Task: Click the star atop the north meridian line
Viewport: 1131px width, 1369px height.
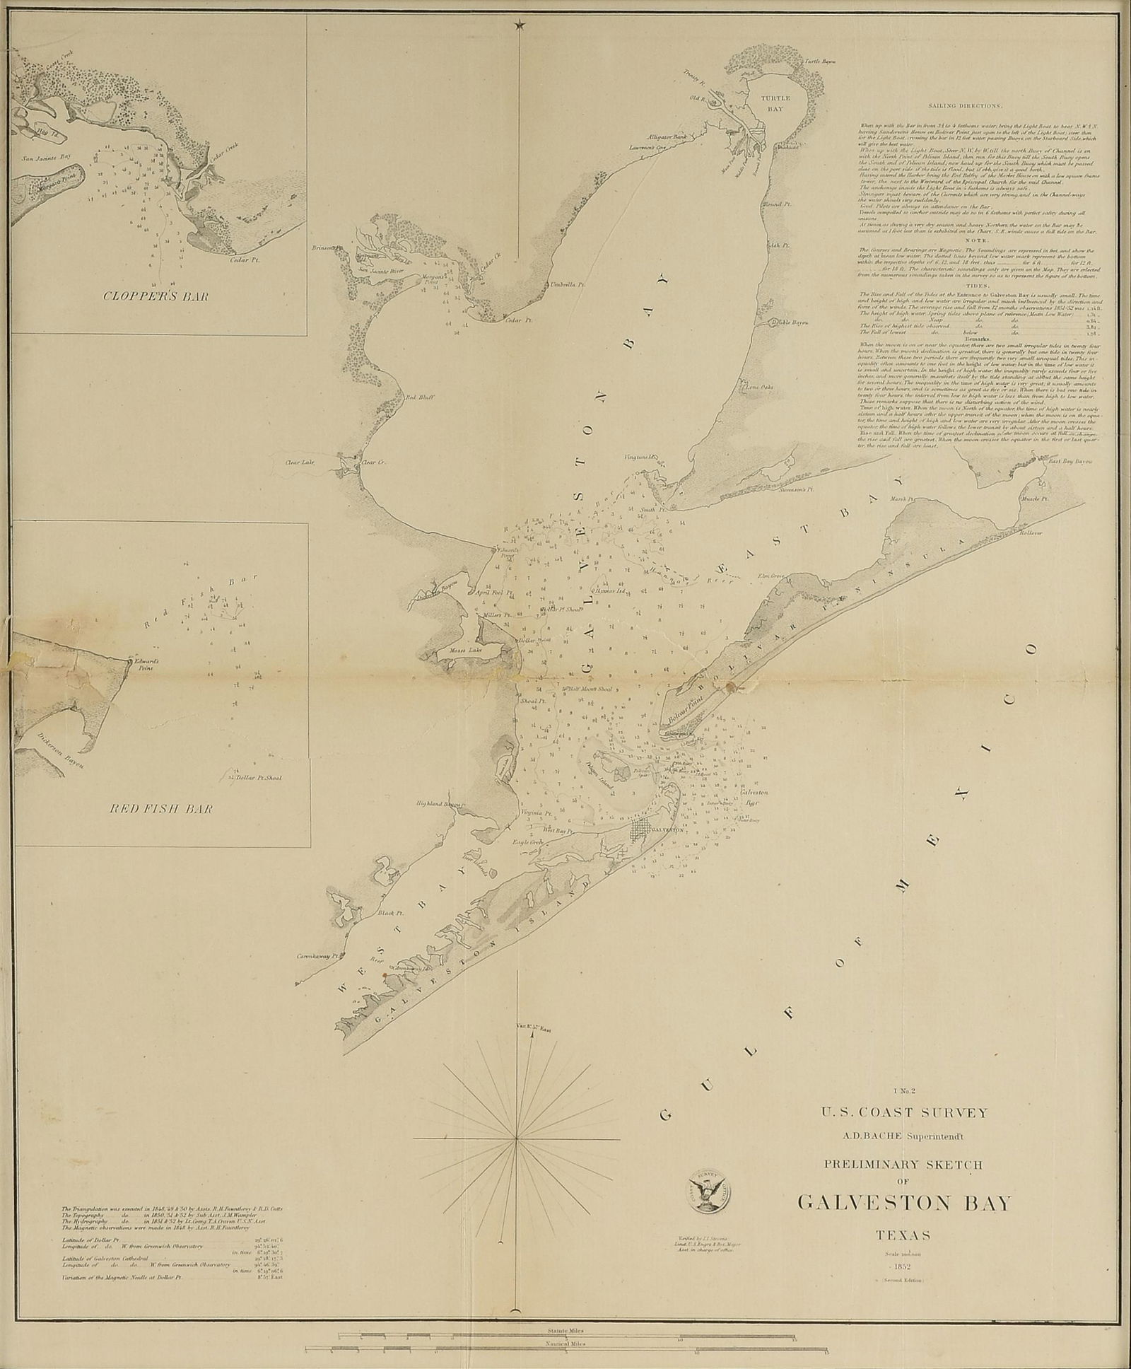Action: (520, 25)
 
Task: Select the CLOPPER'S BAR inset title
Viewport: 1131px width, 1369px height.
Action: (156, 297)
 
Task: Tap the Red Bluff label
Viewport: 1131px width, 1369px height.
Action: (418, 397)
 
